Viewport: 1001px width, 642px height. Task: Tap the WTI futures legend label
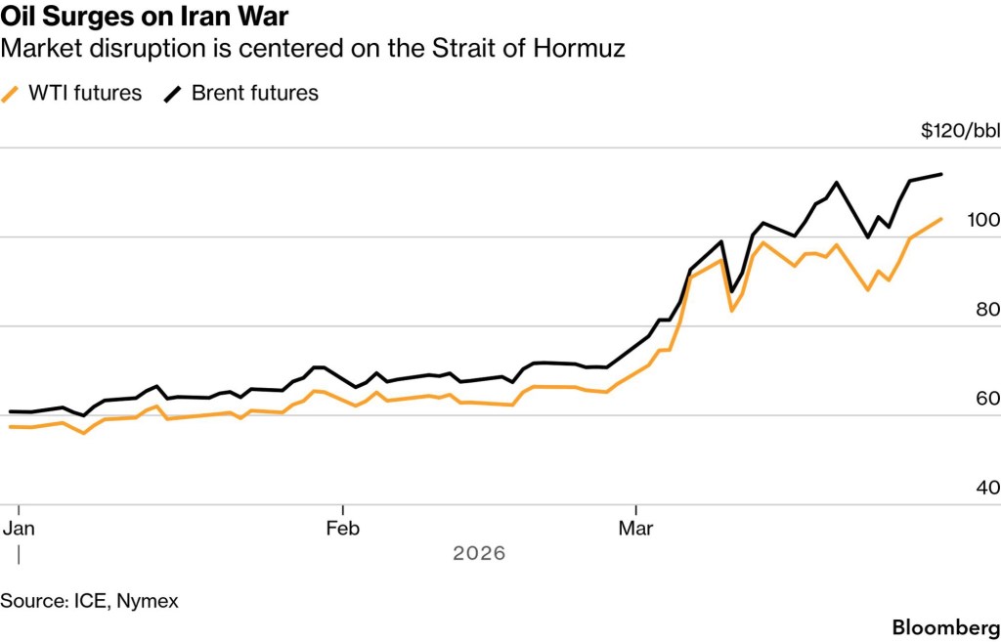click(x=84, y=94)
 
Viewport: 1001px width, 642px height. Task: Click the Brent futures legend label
click(x=254, y=94)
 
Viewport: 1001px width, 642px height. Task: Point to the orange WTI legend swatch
click(x=12, y=94)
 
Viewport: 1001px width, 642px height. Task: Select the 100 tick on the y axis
click(x=983, y=220)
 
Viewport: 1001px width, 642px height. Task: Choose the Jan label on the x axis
click(x=19, y=529)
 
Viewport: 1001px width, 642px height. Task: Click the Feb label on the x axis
click(x=343, y=529)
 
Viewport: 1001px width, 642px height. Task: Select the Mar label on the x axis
click(x=636, y=529)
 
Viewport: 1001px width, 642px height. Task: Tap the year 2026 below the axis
click(x=479, y=553)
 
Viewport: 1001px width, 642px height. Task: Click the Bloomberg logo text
click(x=945, y=625)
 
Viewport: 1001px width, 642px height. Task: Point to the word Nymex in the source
click(x=148, y=601)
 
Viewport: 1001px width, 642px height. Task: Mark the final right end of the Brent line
click(x=941, y=175)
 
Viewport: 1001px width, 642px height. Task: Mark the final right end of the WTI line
click(x=941, y=219)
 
